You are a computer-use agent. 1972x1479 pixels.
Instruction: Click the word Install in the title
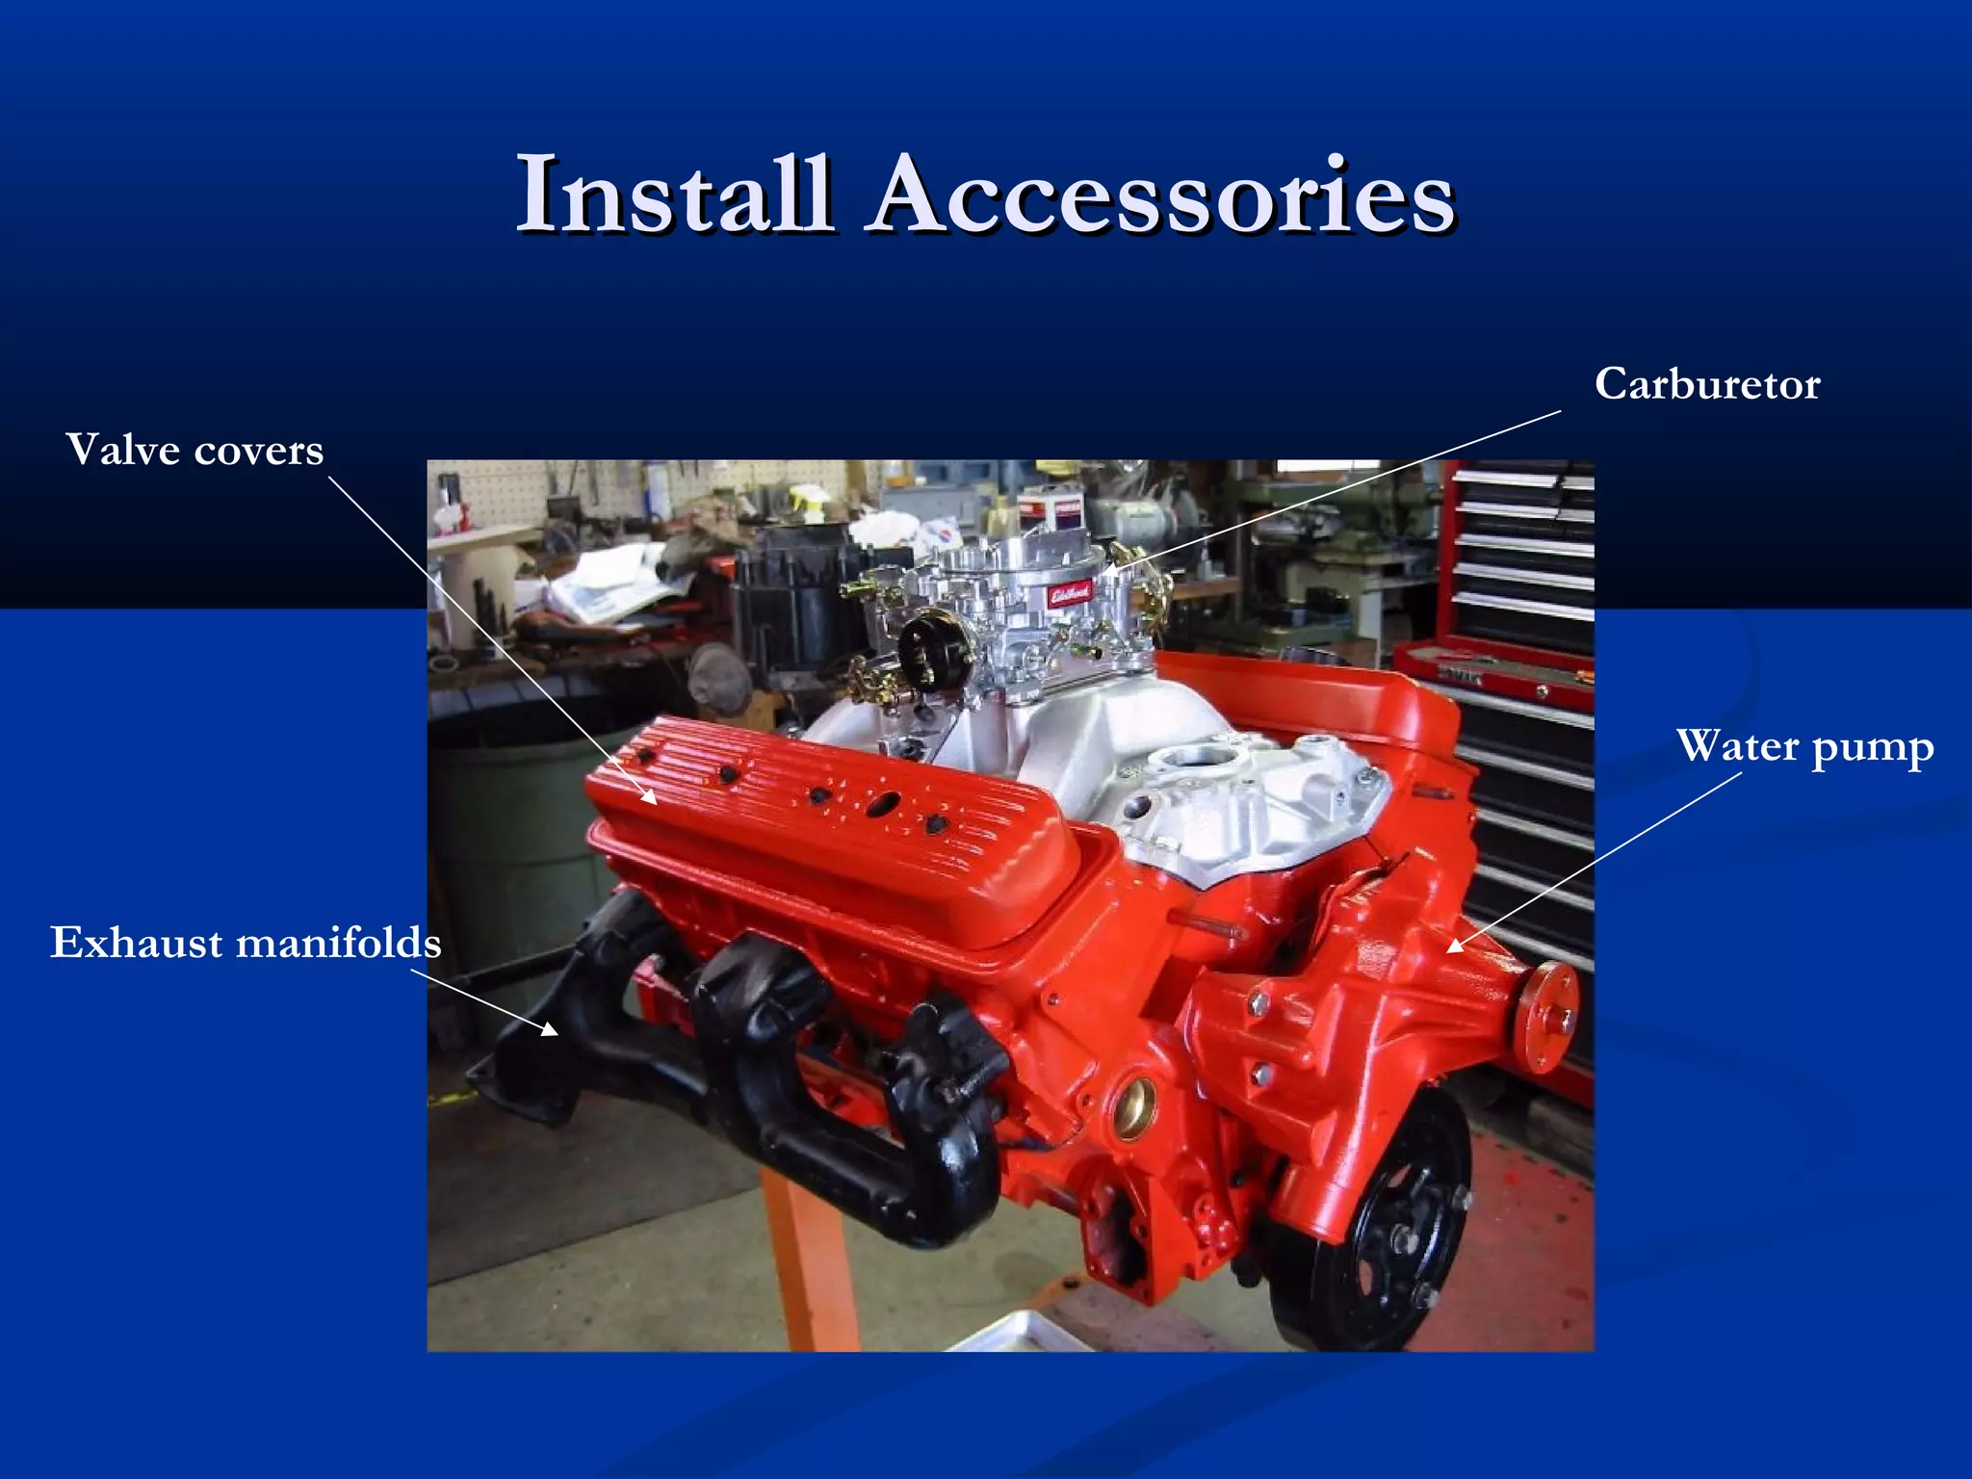click(x=674, y=195)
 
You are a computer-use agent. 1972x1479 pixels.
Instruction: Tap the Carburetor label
click(x=1706, y=384)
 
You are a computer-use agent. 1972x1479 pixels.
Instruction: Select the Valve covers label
click(x=195, y=450)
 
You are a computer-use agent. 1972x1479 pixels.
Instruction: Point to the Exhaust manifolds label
click(x=246, y=942)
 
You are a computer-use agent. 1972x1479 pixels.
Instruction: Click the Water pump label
click(x=1804, y=747)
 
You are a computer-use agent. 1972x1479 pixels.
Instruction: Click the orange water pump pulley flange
click(x=1545, y=1017)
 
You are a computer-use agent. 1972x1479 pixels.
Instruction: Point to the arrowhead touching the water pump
click(x=1455, y=946)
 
